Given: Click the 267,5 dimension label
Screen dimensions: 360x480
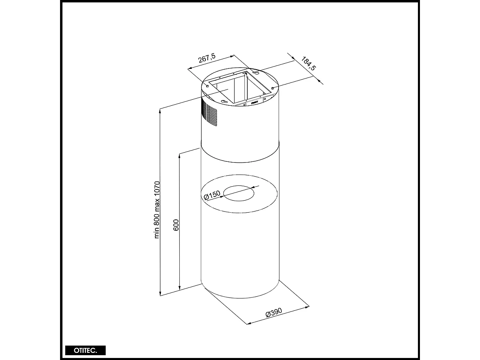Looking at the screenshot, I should pyautogui.click(x=207, y=59).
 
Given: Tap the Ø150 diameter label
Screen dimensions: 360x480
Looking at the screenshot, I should pyautogui.click(x=212, y=195).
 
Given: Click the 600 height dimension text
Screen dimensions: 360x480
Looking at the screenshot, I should pyautogui.click(x=176, y=225).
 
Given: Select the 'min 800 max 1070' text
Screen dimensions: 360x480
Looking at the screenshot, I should pyautogui.click(x=157, y=210).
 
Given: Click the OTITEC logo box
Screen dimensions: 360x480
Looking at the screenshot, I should pyautogui.click(x=85, y=350).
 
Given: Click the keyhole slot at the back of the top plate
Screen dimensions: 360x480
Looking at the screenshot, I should pyautogui.click(x=256, y=73).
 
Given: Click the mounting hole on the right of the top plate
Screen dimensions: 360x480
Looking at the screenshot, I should pyautogui.click(x=273, y=88).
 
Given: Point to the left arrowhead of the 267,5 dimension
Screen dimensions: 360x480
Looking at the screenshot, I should pyautogui.click(x=189, y=69).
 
